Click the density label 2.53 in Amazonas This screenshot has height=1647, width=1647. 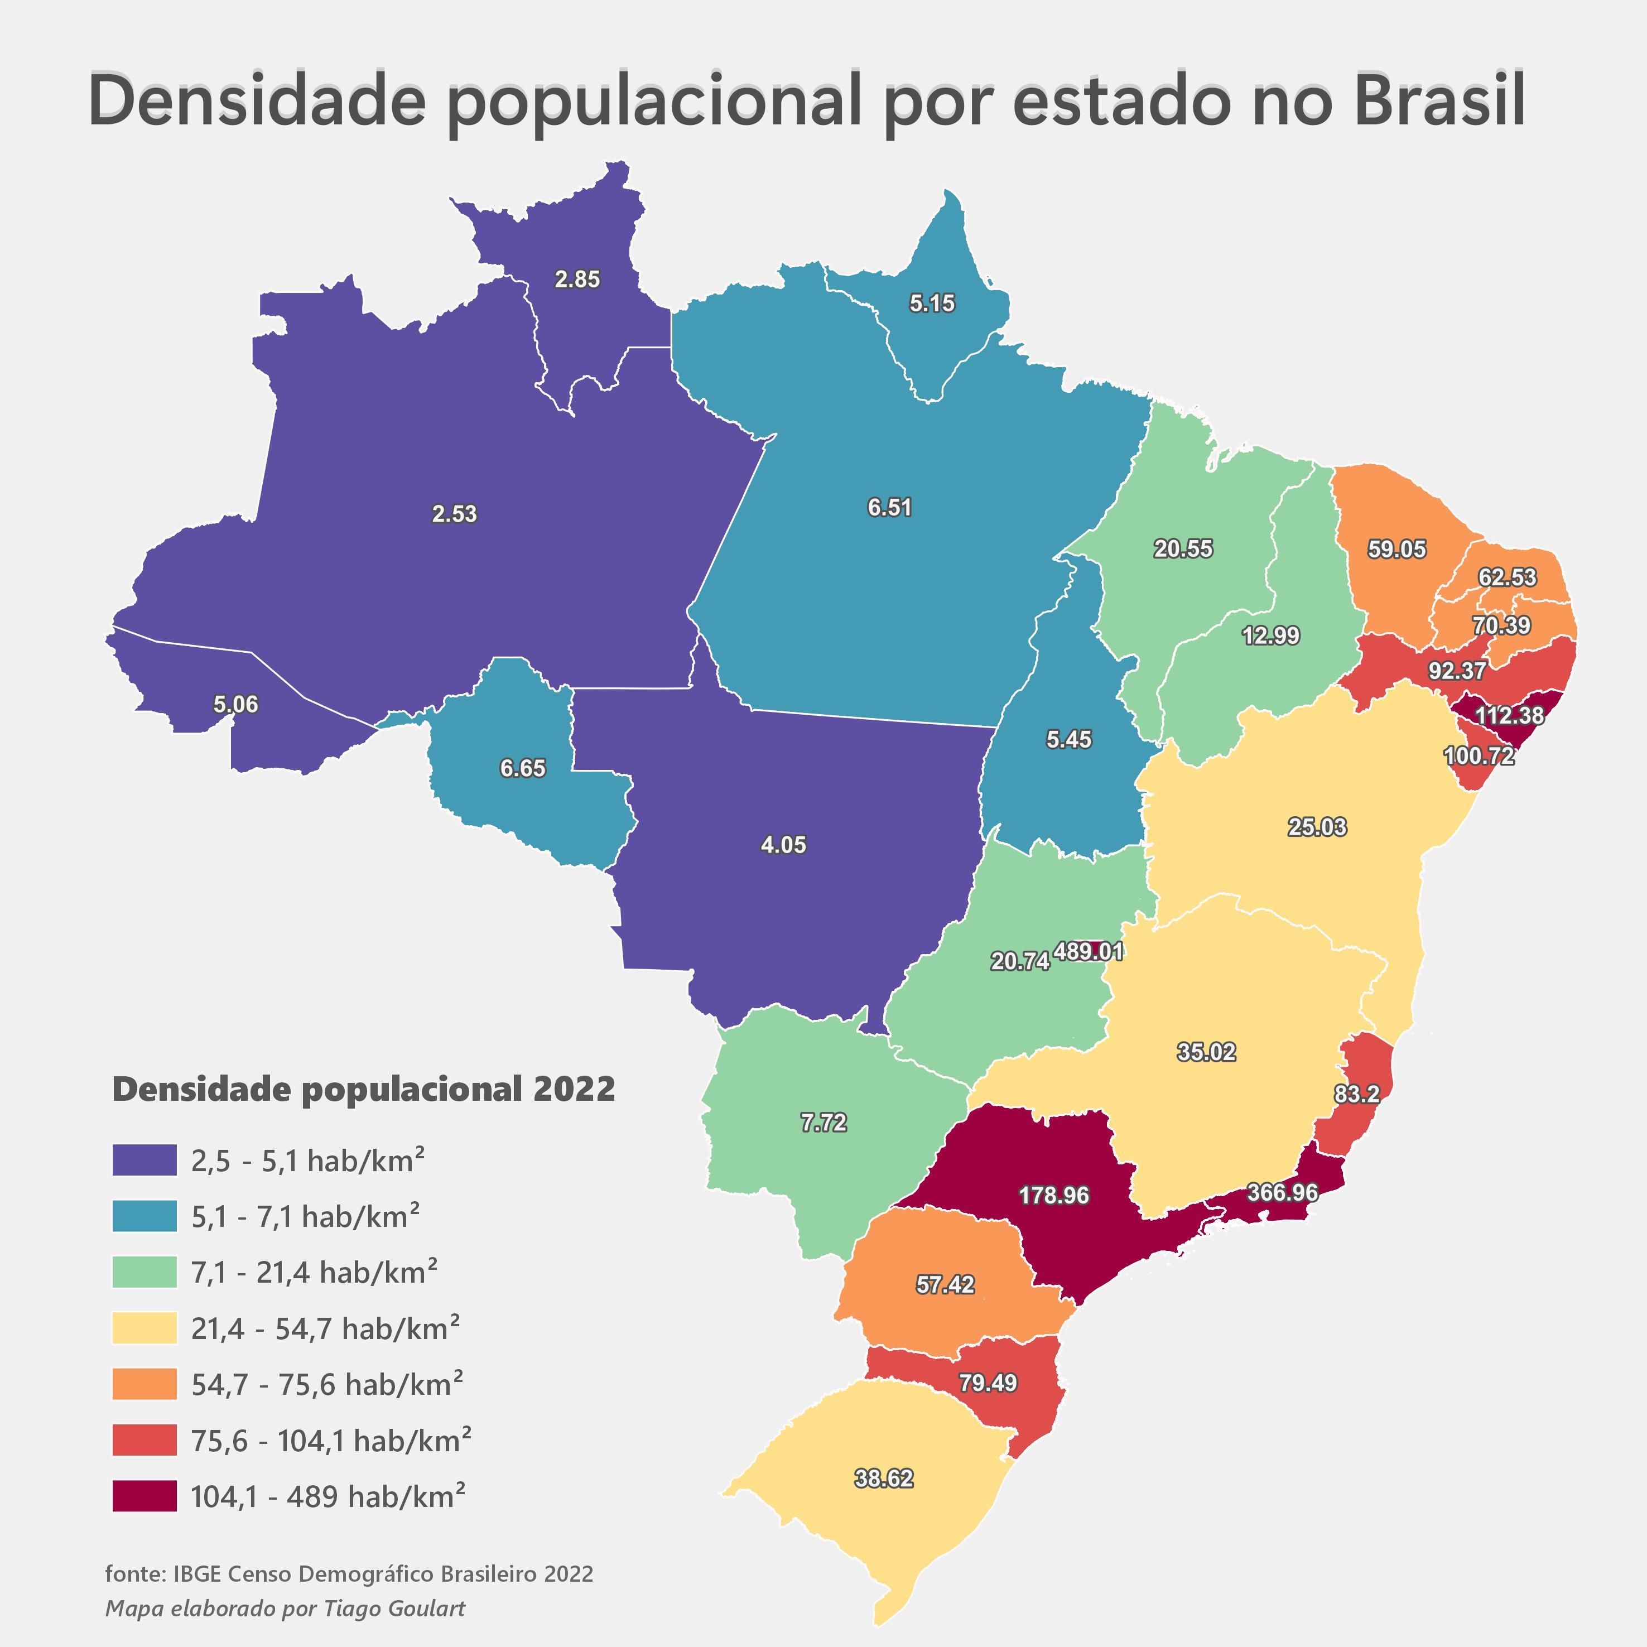[454, 514]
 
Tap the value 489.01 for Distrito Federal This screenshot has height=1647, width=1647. [1089, 951]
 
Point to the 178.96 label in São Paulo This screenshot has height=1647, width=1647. [1054, 1195]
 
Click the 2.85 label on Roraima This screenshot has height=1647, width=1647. [577, 279]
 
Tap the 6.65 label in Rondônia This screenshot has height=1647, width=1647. [523, 768]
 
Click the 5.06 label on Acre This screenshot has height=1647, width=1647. [235, 704]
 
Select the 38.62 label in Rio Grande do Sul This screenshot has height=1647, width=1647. [884, 1478]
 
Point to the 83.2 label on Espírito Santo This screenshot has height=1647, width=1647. [1356, 1094]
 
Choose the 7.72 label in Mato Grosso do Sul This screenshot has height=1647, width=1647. [824, 1123]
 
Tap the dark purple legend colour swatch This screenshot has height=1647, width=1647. [144, 1160]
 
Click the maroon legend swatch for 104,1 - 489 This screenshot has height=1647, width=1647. [144, 1496]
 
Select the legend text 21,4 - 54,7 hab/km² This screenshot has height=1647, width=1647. [325, 1328]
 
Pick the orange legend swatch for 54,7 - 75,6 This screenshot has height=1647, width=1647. [144, 1384]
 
